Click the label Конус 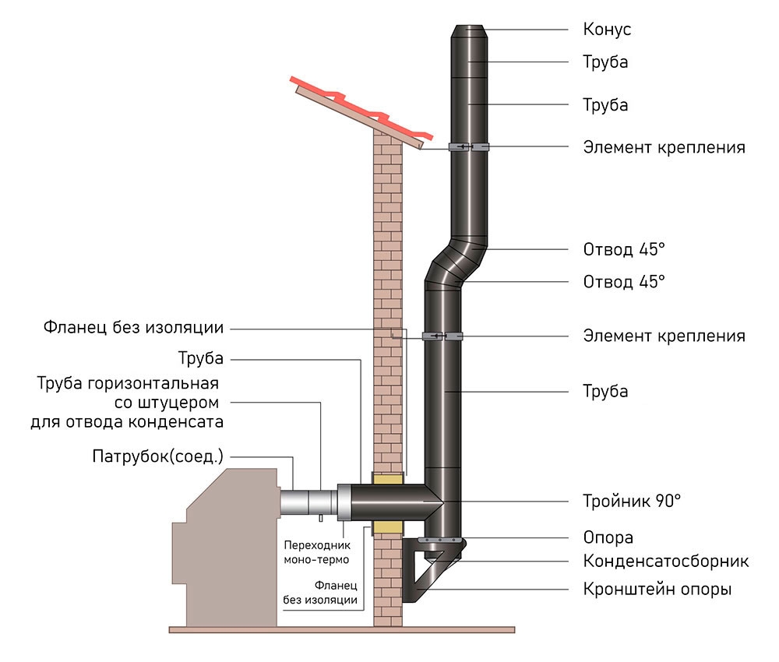click(x=607, y=30)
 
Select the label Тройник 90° click(x=632, y=500)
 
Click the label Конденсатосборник click(x=666, y=561)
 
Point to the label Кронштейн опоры click(x=657, y=589)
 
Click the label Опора click(x=608, y=537)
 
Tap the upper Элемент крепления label click(x=664, y=146)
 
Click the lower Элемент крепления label click(x=664, y=336)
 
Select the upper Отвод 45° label click(x=624, y=250)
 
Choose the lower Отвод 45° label click(x=624, y=280)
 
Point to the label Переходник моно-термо click(x=315, y=552)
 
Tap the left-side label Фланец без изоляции click(x=134, y=327)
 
